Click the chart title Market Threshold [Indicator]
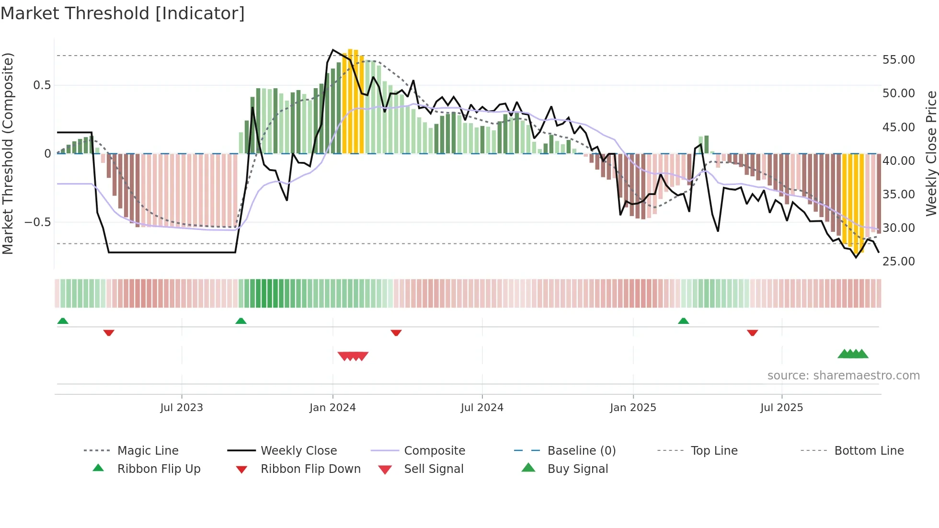[123, 13]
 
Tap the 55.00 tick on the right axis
[898, 60]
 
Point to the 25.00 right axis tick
[898, 261]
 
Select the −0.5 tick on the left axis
[37, 222]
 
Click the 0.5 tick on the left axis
[42, 85]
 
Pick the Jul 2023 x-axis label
[182, 408]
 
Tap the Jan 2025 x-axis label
[633, 408]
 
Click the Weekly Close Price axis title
[931, 153]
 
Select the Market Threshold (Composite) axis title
[8, 153]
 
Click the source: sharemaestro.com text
[843, 376]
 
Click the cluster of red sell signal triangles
[353, 356]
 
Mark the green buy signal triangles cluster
[853, 354]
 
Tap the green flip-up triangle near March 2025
[683, 321]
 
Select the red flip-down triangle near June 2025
[752, 333]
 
